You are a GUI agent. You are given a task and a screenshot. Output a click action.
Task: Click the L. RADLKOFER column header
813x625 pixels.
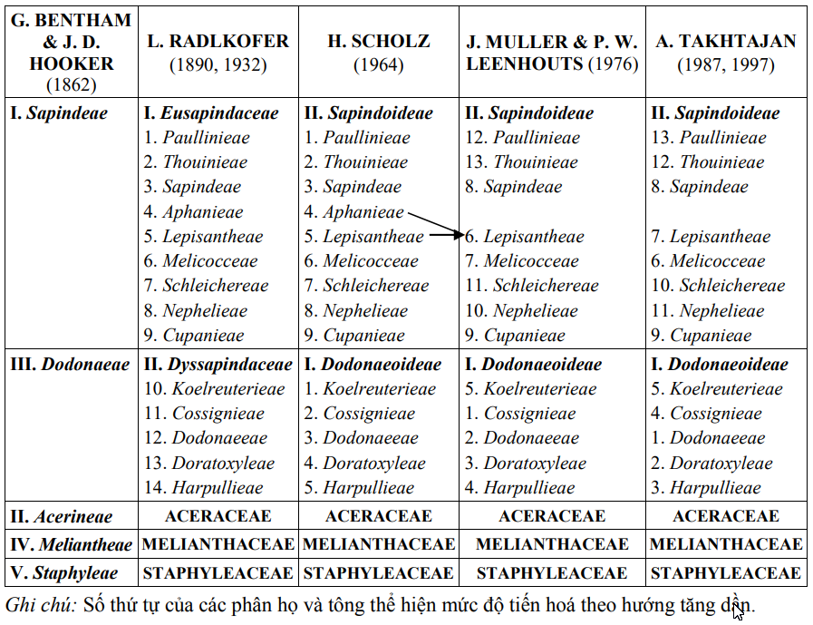pos(218,53)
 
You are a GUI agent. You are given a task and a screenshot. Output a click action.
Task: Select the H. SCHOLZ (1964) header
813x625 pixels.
pos(379,53)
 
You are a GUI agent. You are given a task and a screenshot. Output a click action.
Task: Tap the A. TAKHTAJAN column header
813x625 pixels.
pos(726,53)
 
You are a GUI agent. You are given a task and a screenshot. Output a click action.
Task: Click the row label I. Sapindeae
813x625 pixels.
pos(58,113)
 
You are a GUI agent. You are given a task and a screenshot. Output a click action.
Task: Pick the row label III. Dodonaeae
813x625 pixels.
pos(70,365)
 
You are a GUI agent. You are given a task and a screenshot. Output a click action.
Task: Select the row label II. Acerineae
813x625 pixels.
pos(62,517)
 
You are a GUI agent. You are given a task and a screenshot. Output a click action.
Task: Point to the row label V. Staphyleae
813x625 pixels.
pos(63,573)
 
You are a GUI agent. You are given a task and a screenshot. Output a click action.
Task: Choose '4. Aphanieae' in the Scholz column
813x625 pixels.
pos(354,212)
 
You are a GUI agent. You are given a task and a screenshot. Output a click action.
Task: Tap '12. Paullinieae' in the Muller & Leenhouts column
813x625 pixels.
pos(522,138)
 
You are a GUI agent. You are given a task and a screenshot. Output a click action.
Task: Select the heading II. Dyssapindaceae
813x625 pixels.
pos(218,365)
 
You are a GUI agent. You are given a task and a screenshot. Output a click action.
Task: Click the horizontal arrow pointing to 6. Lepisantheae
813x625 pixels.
pos(445,235)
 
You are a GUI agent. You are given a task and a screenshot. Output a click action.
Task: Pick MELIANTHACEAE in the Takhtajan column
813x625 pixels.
pos(726,545)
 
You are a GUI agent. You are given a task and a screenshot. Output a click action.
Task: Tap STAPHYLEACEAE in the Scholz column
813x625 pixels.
pos(378,573)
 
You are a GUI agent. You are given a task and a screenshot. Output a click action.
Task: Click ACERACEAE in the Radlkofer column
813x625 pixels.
pos(218,516)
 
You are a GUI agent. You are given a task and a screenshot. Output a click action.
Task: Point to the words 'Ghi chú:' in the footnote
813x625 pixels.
pos(41,605)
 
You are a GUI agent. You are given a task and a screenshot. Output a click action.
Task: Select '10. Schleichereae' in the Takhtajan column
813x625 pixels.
pos(718,286)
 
